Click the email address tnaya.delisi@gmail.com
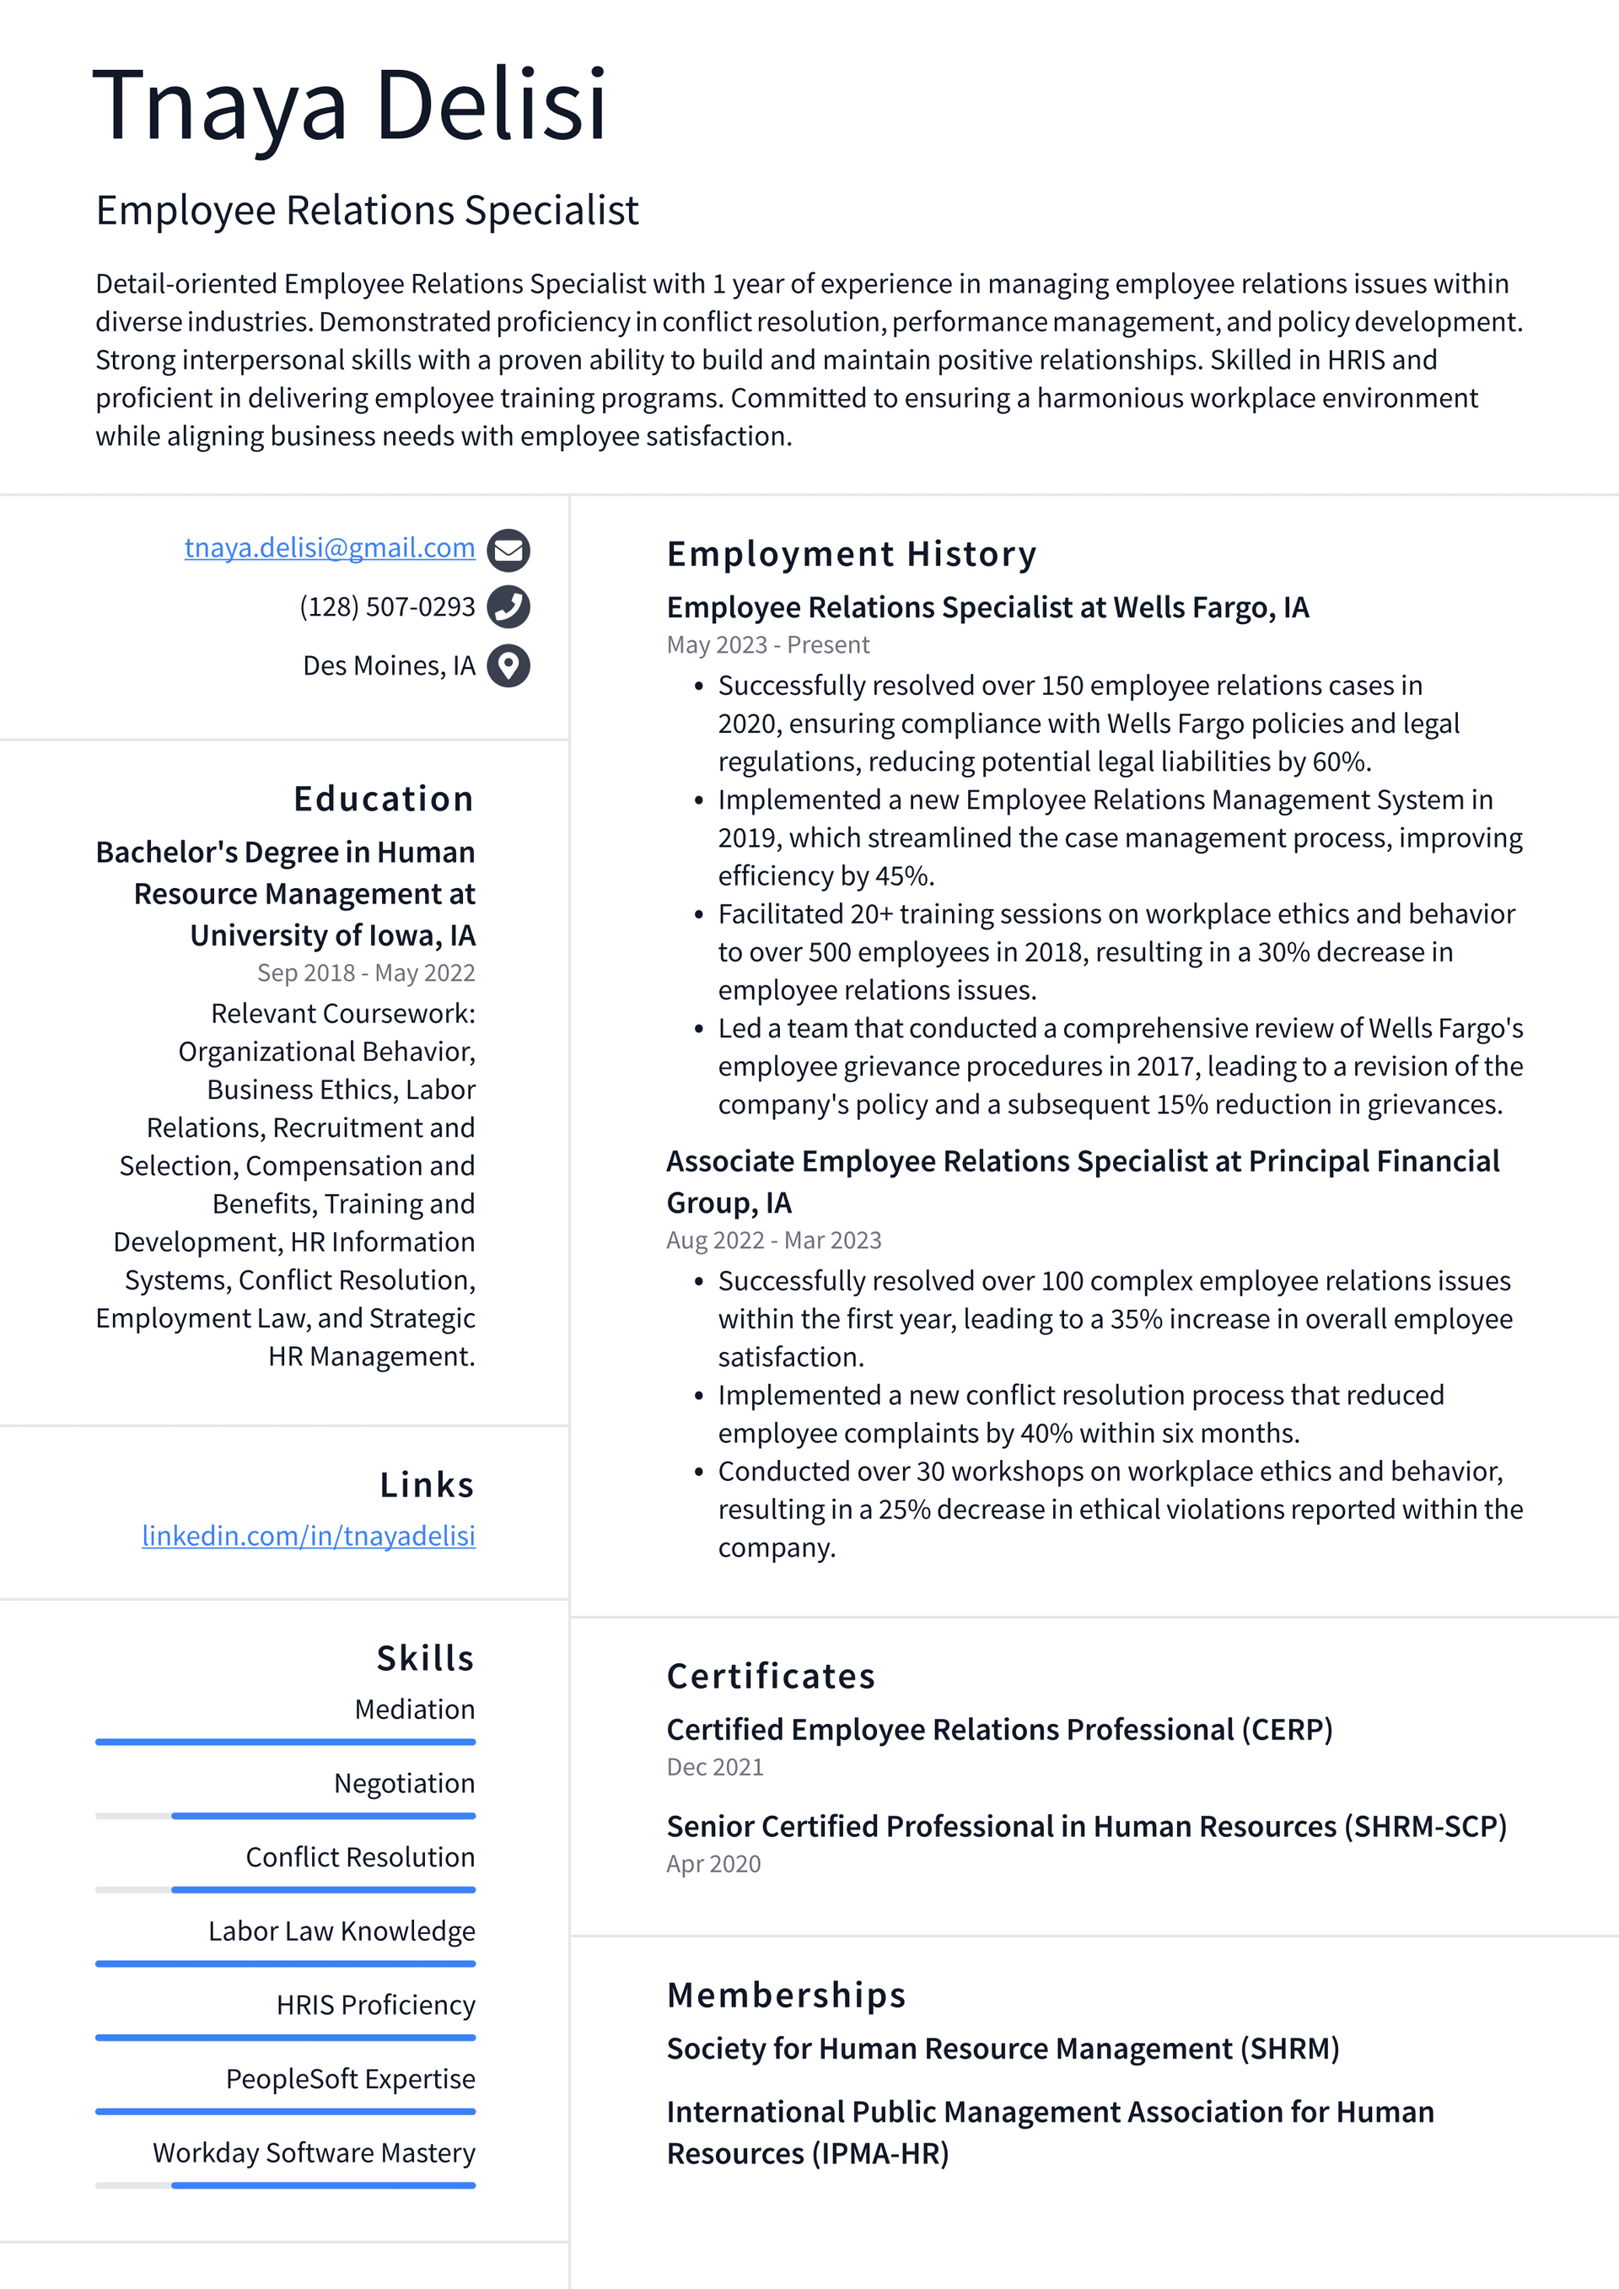point(329,547)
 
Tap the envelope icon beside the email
point(508,549)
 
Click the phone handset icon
point(508,606)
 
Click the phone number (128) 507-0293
point(387,606)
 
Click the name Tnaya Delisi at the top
point(349,105)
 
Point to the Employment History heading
point(852,553)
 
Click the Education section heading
point(384,799)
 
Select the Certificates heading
point(771,1676)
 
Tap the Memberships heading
point(786,1995)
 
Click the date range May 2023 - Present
point(767,645)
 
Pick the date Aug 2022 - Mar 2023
point(773,1240)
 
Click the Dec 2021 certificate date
point(715,1767)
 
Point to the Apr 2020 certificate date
point(713,1863)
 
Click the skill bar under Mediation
point(285,1742)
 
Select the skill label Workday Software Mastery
point(314,2152)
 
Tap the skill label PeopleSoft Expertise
point(350,2079)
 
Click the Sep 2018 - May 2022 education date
point(366,972)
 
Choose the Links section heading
point(427,1484)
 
